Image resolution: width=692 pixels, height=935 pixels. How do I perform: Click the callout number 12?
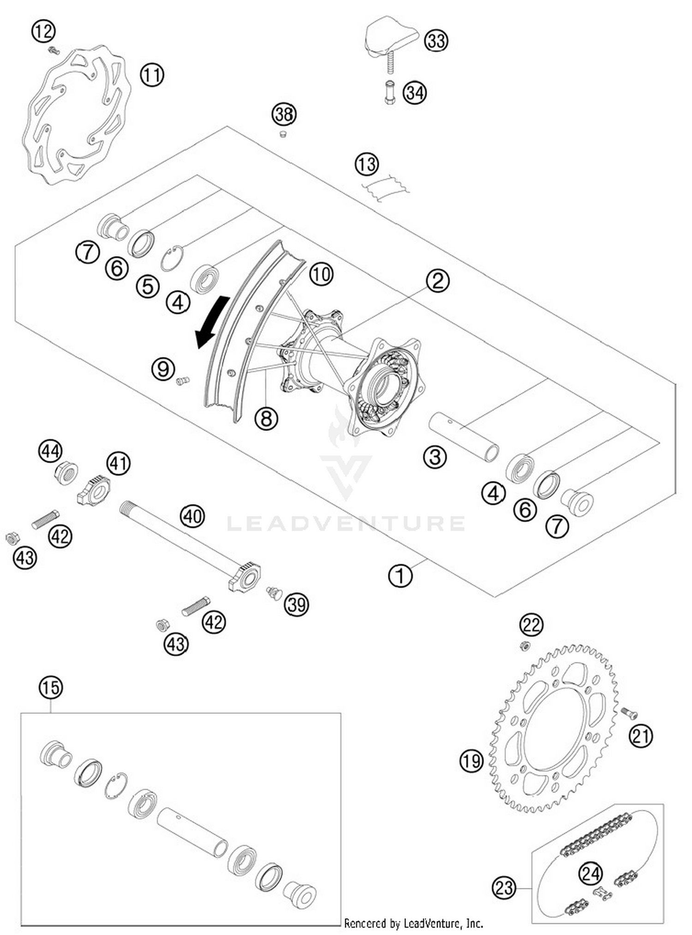[x=43, y=32]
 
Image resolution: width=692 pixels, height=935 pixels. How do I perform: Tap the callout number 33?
[x=436, y=41]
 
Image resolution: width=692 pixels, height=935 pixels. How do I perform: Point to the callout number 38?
[x=284, y=114]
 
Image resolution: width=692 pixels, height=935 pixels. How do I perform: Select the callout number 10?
[x=321, y=274]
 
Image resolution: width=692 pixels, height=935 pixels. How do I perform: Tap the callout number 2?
[x=437, y=281]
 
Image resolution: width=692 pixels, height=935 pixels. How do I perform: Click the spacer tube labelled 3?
[x=464, y=437]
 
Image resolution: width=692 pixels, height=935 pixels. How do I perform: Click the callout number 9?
[x=163, y=369]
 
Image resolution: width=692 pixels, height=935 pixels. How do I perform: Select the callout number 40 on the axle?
[x=192, y=516]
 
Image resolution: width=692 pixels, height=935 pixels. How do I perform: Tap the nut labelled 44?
[x=66, y=473]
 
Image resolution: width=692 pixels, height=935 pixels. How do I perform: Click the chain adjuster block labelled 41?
[x=94, y=491]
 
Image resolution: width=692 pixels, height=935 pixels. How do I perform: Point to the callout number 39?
[x=296, y=604]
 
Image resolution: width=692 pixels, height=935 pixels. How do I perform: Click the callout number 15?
[x=51, y=688]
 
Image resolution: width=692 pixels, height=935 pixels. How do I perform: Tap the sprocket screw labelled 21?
[x=629, y=713]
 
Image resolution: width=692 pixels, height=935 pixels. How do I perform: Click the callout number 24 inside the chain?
[x=591, y=874]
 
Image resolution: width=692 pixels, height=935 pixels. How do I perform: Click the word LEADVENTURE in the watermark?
[x=346, y=524]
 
